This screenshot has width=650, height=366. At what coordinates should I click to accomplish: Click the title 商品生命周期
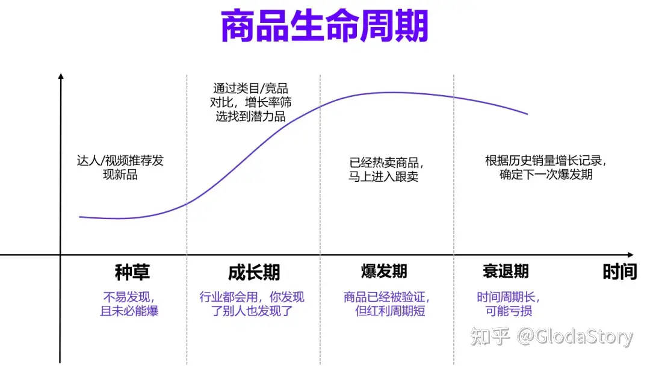pyautogui.click(x=324, y=27)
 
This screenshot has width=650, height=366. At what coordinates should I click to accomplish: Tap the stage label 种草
pyautogui.click(x=132, y=272)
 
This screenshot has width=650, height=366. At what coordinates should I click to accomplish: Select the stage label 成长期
pyautogui.click(x=254, y=272)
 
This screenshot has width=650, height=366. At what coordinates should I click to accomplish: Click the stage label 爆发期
pyautogui.click(x=384, y=271)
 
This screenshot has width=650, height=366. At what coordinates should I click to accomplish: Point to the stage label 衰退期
pyautogui.click(x=506, y=271)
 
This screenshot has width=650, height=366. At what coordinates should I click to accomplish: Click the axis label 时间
pyautogui.click(x=619, y=272)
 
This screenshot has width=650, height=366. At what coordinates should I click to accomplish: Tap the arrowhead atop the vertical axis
pyautogui.click(x=61, y=76)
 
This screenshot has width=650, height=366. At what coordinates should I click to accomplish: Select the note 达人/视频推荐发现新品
pyautogui.click(x=120, y=168)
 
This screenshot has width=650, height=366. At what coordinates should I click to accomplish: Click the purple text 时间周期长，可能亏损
pyautogui.click(x=509, y=304)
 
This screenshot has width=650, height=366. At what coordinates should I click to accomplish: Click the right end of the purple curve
pyautogui.click(x=527, y=114)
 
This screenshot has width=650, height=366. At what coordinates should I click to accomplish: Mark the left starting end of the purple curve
pyautogui.click(x=80, y=217)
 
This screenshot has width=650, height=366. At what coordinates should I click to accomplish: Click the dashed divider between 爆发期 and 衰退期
pyautogui.click(x=454, y=181)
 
